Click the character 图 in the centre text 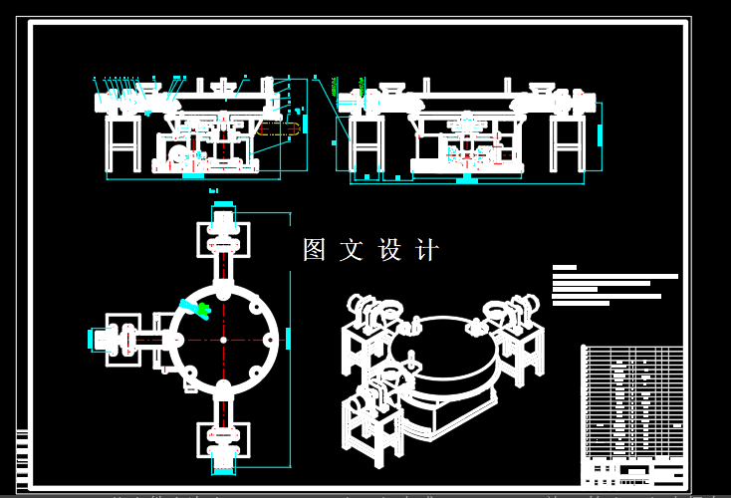[315, 250]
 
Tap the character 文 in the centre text [352, 250]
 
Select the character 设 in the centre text [389, 250]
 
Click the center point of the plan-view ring [223, 340]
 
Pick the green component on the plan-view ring [195, 309]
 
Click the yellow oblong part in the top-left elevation [278, 128]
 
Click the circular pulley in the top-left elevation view [177, 155]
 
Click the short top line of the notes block [565, 267]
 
